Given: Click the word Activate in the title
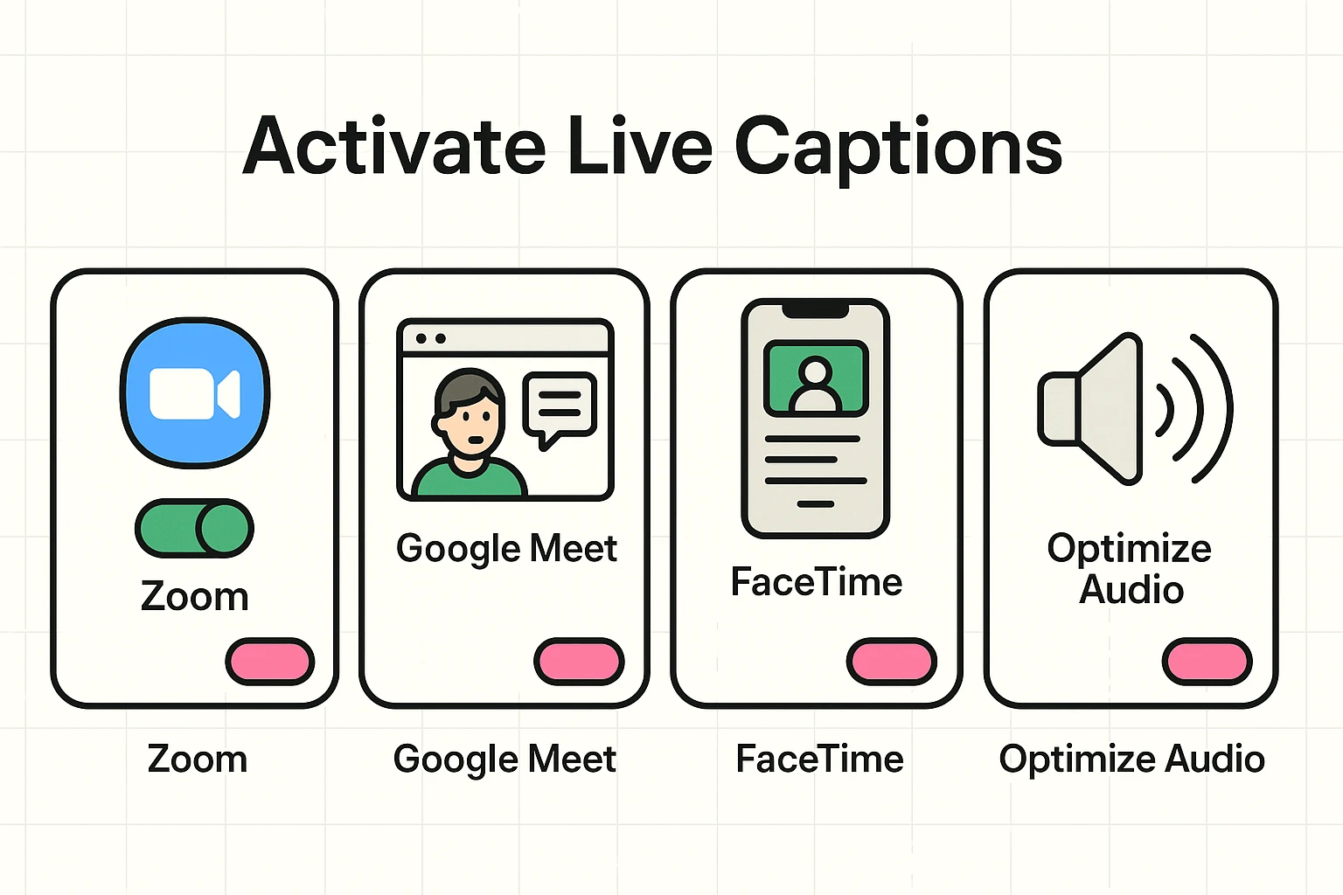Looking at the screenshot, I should [393, 147].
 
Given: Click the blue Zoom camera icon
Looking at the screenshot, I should [194, 393].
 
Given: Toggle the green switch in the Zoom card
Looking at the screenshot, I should [194, 528].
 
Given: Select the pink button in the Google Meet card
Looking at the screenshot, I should [579, 661].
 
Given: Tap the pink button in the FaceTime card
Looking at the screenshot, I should [891, 661].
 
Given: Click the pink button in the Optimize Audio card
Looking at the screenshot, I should [1207, 661].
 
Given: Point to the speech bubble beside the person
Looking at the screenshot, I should [560, 406].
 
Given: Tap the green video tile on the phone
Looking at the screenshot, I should [815, 378].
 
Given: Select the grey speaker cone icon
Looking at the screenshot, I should [1093, 408].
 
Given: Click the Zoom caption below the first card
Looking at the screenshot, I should [198, 759].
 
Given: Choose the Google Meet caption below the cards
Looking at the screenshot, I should [504, 759].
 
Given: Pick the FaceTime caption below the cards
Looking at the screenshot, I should [819, 759].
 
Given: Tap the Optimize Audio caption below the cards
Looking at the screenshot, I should [1131, 759].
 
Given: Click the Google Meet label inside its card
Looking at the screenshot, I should [506, 549].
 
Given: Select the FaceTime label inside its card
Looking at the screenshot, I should [816, 582].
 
